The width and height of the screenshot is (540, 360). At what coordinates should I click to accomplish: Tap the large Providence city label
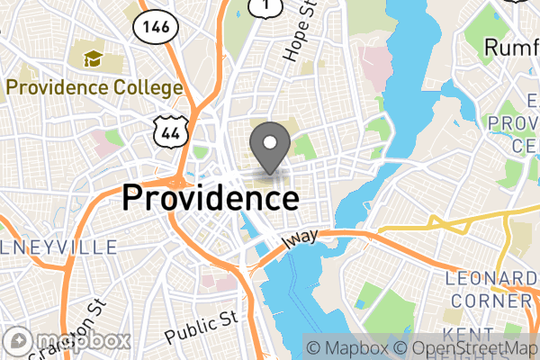click(x=211, y=197)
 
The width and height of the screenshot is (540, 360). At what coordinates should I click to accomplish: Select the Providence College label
click(x=94, y=88)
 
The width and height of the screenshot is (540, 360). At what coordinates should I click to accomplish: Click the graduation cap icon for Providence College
click(x=93, y=60)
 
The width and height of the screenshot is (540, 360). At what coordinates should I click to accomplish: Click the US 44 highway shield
click(x=169, y=134)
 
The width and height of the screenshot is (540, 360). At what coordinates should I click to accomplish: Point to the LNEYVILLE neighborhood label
click(x=58, y=247)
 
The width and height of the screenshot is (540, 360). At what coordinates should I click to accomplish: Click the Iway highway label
click(x=301, y=239)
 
